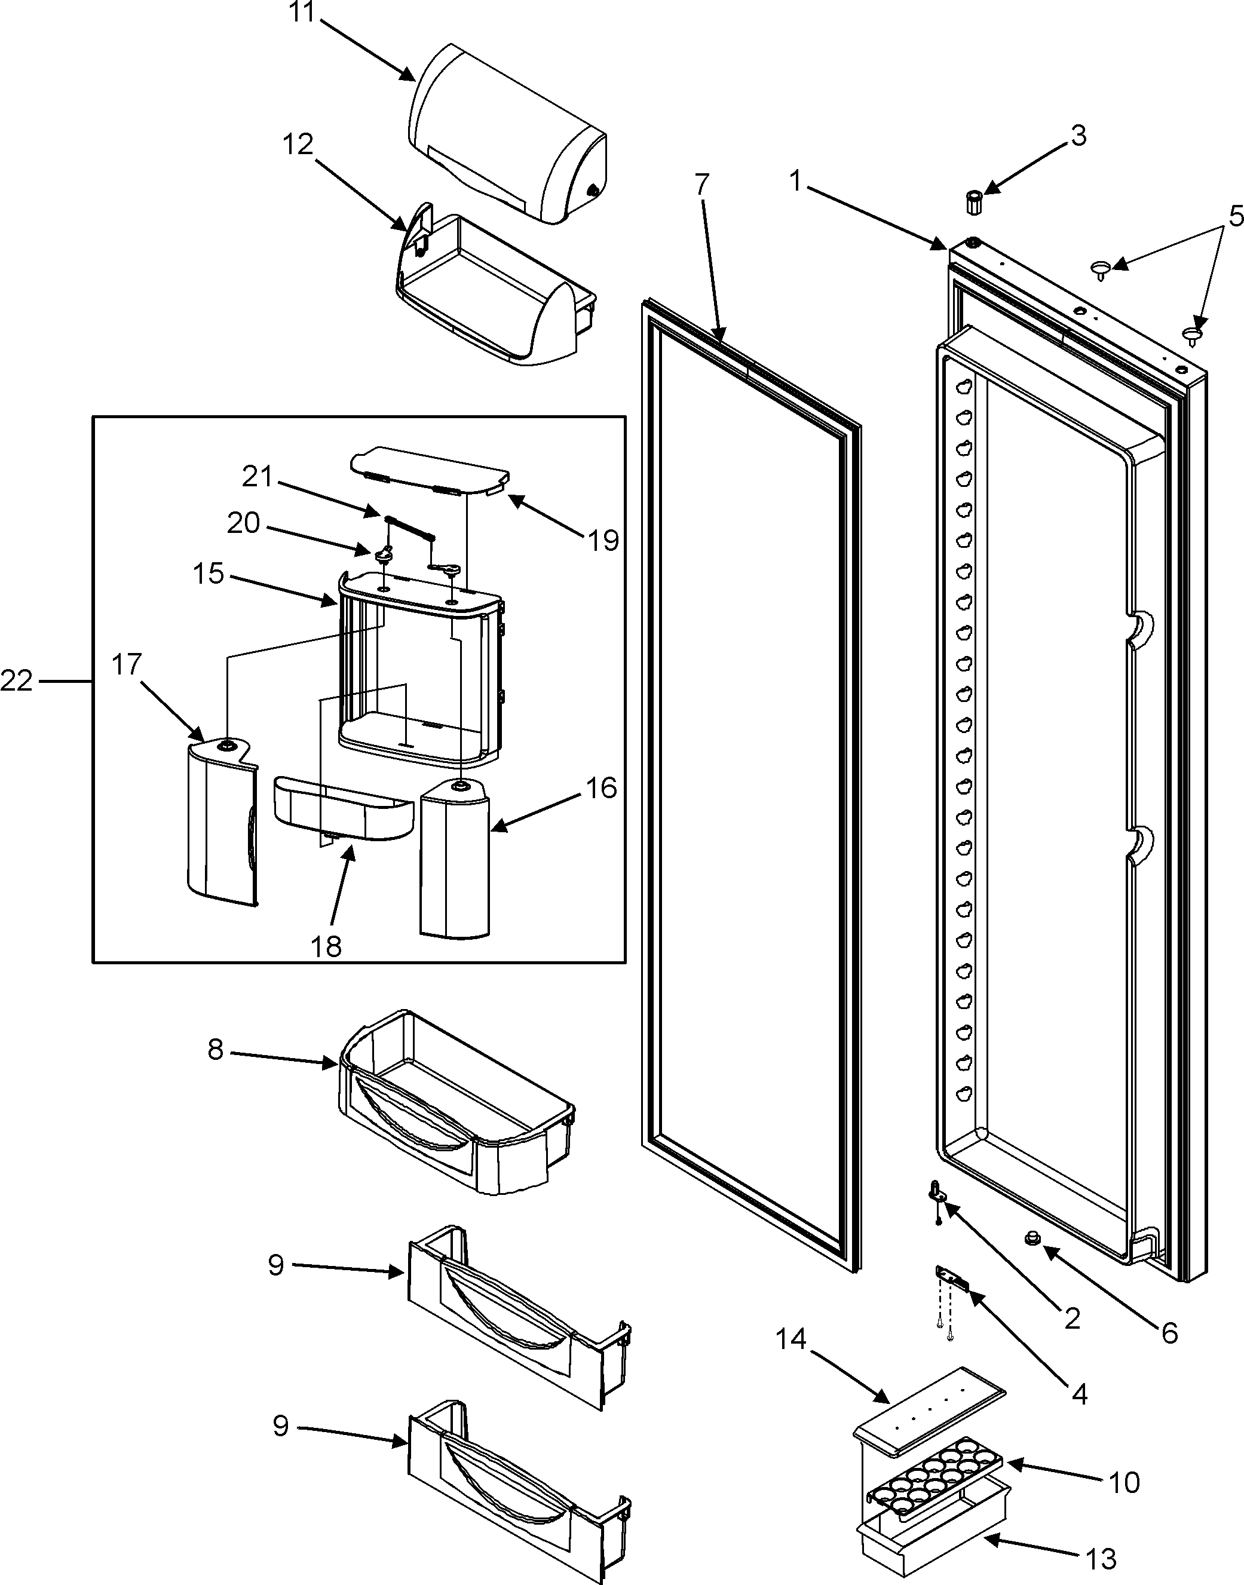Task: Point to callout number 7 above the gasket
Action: click(701, 185)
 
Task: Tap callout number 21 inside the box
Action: click(257, 477)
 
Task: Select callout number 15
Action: click(209, 573)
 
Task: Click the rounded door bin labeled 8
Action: click(455, 1106)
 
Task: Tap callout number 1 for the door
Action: click(795, 180)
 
